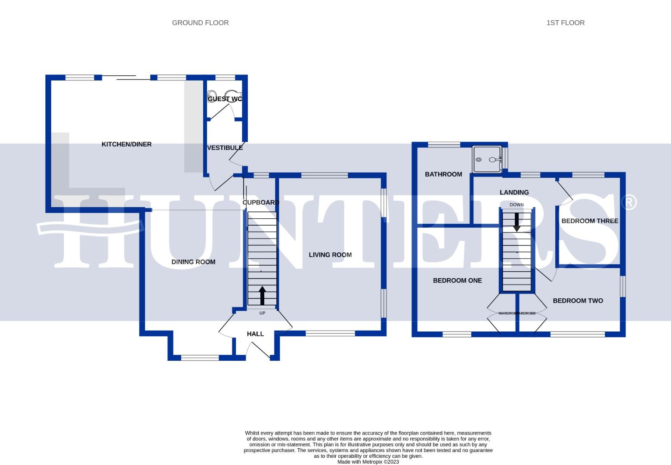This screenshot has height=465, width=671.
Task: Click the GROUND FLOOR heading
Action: pos(200,23)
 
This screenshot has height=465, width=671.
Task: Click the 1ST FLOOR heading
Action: pos(565,23)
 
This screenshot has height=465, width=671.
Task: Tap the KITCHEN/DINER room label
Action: pos(127,144)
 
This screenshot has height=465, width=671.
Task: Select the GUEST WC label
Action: pos(225,99)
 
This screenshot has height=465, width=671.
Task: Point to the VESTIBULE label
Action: pos(225,148)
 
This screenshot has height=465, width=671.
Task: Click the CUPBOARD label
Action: pos(261,202)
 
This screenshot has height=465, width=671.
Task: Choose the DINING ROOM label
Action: pos(193,262)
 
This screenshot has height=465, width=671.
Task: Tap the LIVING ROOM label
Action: pos(330,255)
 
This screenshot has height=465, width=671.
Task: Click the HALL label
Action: pos(255,334)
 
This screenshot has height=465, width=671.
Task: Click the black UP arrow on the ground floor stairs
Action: pos(262,296)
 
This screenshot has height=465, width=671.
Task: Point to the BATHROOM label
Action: pos(443,174)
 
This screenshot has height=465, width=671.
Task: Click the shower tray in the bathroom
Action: pos(487,159)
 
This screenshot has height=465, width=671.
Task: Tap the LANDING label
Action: pos(514,192)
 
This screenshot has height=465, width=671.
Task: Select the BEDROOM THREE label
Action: pos(590,221)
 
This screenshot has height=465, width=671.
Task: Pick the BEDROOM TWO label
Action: pos(578,301)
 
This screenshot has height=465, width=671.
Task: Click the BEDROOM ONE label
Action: pos(457,280)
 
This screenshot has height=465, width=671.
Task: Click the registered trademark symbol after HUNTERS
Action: pos(630,202)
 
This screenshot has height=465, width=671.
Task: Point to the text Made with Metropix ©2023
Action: pos(368,462)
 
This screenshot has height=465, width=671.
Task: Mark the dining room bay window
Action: pos(200,357)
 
